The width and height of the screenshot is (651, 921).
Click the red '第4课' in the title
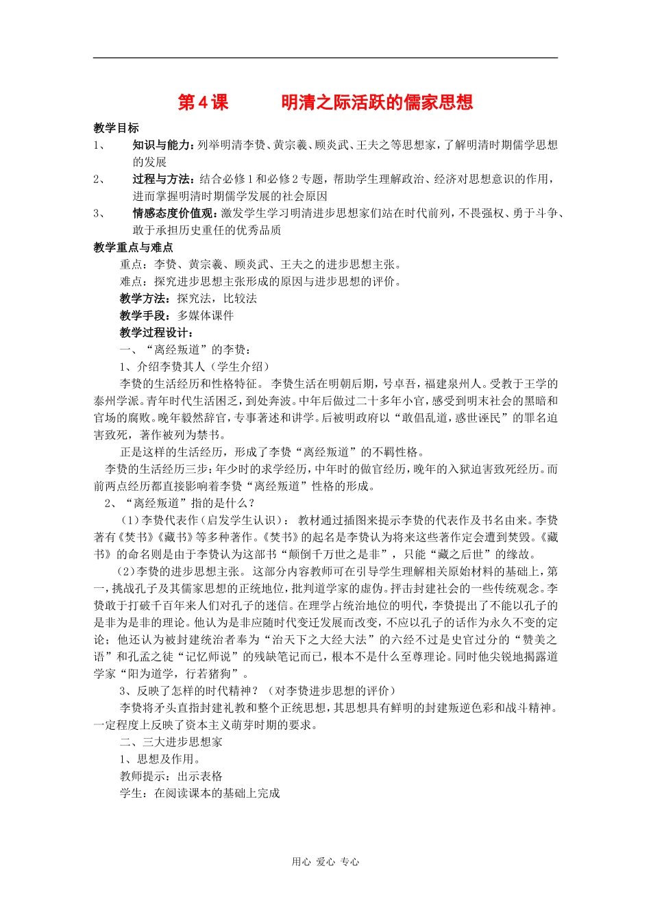(203, 103)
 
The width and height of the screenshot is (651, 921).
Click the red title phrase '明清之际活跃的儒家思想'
(377, 103)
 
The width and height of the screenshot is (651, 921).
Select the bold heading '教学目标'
(116, 128)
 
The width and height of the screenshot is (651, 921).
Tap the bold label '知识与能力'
(162, 145)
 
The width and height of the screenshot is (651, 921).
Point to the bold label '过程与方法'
(162, 180)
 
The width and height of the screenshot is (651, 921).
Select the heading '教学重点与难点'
(133, 247)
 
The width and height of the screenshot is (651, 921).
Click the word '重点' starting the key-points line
(131, 265)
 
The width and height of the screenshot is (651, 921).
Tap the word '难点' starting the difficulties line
(131, 282)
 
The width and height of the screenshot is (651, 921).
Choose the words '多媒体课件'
(206, 316)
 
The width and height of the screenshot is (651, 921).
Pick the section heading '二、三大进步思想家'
(171, 742)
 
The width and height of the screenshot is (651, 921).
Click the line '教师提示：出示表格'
(171, 776)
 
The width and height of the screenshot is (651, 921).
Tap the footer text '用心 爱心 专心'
(325, 862)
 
